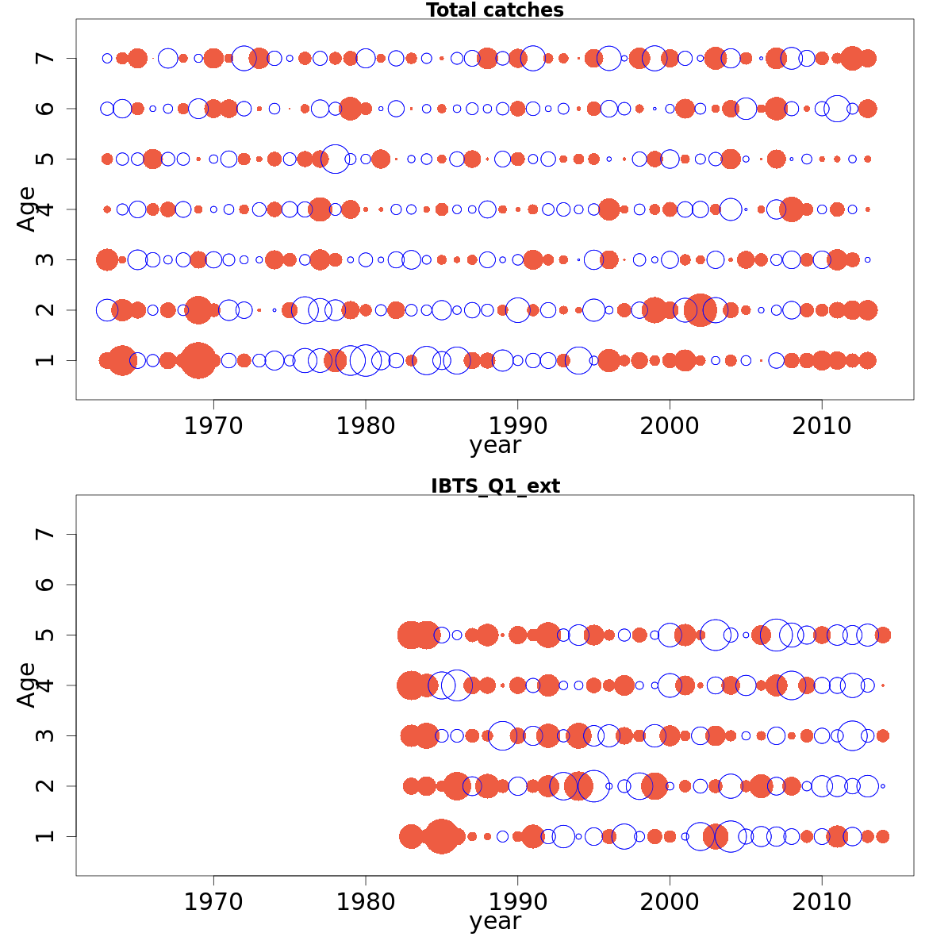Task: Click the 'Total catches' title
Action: tap(494, 10)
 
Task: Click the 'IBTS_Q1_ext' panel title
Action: tap(495, 486)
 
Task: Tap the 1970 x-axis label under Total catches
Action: tap(213, 426)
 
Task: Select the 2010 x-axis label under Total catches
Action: tap(822, 426)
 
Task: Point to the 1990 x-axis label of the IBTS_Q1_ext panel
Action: tap(517, 902)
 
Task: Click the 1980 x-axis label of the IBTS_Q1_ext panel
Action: tap(366, 902)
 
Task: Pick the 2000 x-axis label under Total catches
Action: tap(670, 426)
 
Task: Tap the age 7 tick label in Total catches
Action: tap(46, 58)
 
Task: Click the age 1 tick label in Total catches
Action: tap(46, 360)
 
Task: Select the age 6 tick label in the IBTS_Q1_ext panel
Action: tap(46, 585)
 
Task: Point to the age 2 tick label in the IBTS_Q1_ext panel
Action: tap(46, 785)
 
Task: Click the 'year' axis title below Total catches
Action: tap(495, 446)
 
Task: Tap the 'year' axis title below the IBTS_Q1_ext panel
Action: tap(495, 922)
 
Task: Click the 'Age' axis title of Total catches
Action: tap(27, 209)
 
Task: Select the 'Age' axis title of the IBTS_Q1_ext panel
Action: tap(27, 685)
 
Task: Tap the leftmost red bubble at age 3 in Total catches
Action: tap(107, 259)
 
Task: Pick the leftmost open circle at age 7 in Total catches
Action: tap(107, 58)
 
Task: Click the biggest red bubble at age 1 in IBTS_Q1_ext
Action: tap(441, 836)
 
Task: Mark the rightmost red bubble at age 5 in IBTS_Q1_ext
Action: tap(882, 635)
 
